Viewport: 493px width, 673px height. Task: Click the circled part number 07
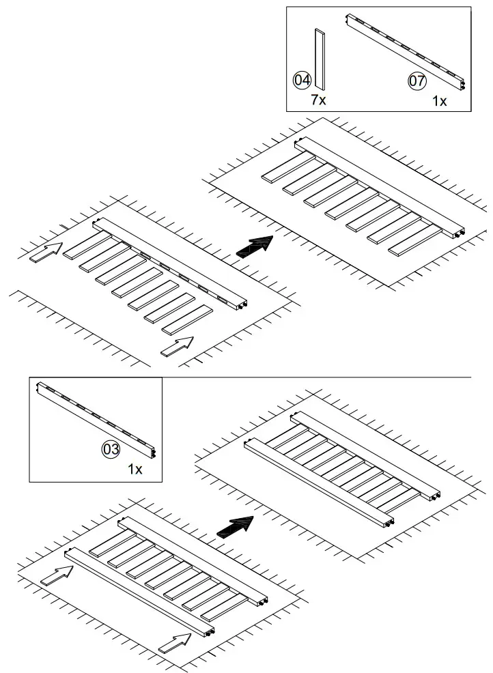point(417,81)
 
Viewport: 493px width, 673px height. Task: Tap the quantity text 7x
point(318,100)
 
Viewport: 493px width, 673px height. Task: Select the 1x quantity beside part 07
point(440,101)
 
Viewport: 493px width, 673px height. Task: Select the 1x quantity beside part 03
point(135,470)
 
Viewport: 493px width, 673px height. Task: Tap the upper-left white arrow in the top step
point(46,253)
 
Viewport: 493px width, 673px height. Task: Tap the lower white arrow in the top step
point(177,347)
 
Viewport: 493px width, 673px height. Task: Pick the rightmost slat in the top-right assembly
point(413,242)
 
